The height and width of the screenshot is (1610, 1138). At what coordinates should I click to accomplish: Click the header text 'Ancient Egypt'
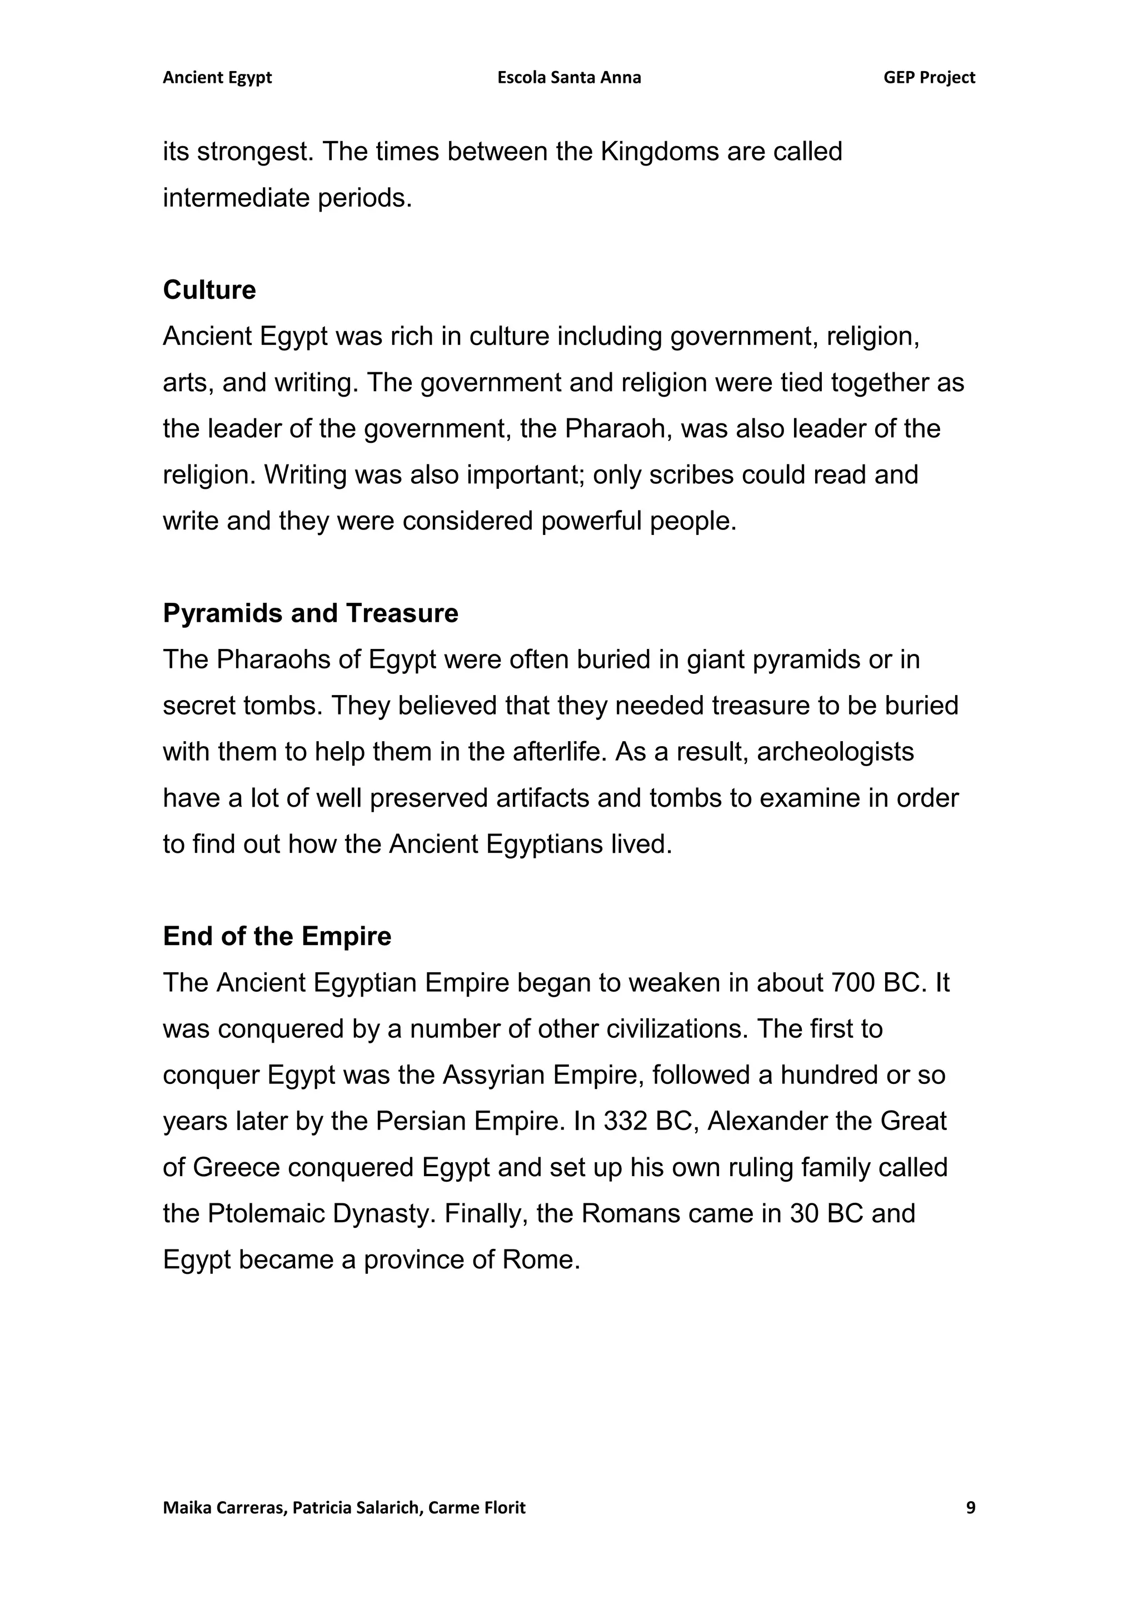(x=217, y=78)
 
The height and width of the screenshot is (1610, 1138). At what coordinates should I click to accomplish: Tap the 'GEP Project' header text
(x=929, y=78)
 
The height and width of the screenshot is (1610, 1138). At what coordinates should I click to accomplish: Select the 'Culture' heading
(x=209, y=289)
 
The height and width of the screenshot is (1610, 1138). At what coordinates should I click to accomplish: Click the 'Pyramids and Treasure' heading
(x=310, y=613)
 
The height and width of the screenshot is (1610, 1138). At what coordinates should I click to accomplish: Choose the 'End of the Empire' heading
(x=277, y=936)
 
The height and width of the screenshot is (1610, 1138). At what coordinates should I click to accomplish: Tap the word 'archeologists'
(x=835, y=752)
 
